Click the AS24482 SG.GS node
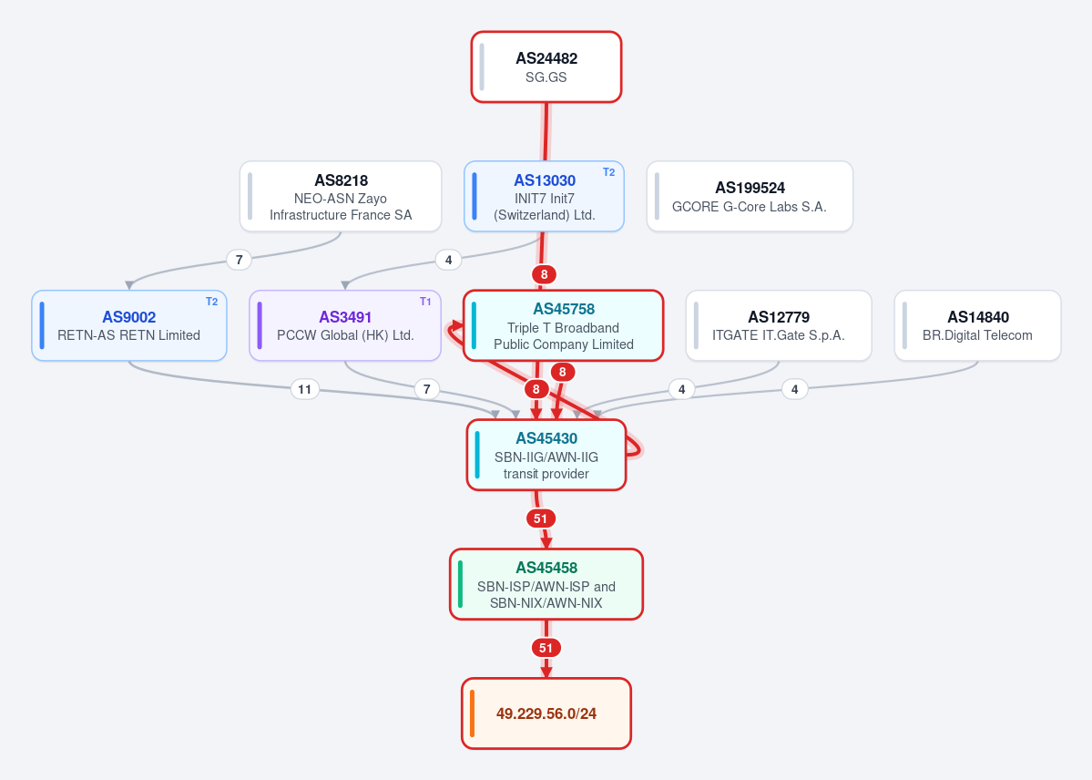point(546,67)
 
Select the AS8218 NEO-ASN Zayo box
point(341,197)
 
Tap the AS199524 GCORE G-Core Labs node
point(750,197)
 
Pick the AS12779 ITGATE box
point(779,325)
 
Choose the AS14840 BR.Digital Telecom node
point(978,325)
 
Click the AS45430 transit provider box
point(546,455)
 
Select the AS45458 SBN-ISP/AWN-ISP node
point(546,584)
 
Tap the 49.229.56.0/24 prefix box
point(546,713)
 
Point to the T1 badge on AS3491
point(425,302)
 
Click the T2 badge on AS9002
point(211,302)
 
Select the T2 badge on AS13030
point(608,172)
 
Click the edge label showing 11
point(304,389)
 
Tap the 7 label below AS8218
point(239,260)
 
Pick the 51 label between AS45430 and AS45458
point(540,518)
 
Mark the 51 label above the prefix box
point(546,648)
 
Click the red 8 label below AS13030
point(544,274)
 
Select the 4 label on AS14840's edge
point(794,389)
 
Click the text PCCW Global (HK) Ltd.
point(345,335)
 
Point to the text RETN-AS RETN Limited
point(128,335)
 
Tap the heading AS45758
point(564,309)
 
